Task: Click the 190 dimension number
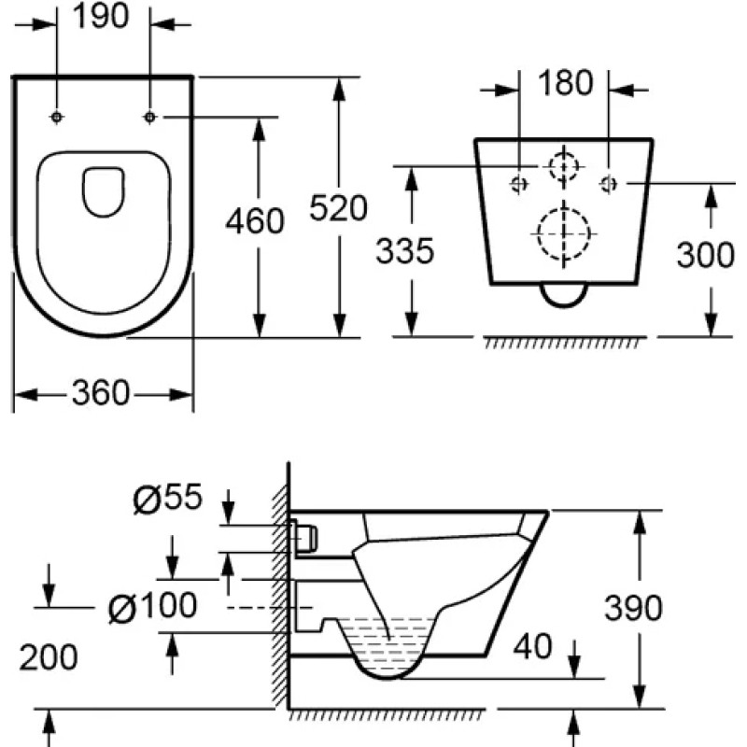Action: coord(101,16)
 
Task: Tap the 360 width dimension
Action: coord(101,393)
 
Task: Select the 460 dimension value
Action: coord(255,221)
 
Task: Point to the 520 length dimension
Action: coord(338,207)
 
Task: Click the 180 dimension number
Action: coord(566,82)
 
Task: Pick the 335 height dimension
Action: coord(405,250)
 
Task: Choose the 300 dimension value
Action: coord(706,255)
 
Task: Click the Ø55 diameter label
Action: coord(168,498)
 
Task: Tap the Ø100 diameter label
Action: coord(152,606)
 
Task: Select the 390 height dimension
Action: coord(633,608)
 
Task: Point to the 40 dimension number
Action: coord(532,646)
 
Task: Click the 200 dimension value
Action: coord(49,657)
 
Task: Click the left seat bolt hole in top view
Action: coord(57,117)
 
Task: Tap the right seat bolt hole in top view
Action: coord(150,117)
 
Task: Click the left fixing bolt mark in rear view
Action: coord(519,183)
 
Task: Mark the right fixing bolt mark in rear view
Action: coord(609,183)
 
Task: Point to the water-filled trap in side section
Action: coord(388,648)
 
